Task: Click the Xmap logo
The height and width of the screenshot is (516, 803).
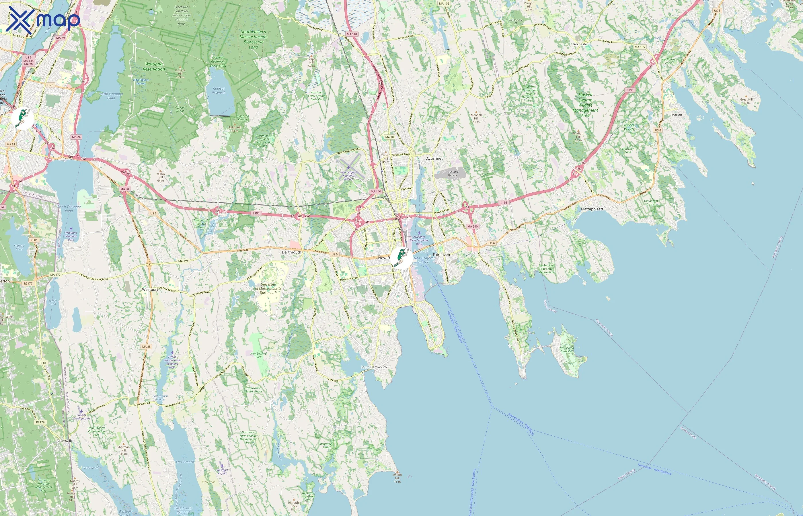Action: click(x=43, y=19)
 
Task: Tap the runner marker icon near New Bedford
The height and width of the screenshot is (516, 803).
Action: click(x=401, y=258)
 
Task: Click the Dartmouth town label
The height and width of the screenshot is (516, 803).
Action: click(x=291, y=252)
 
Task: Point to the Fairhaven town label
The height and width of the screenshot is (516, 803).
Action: click(x=441, y=255)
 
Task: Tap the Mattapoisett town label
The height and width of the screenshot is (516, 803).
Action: click(x=592, y=209)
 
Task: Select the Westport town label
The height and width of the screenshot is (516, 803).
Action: click(x=149, y=290)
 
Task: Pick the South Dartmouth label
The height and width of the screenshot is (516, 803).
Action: click(x=373, y=367)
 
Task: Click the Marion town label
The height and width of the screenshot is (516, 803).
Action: click(x=676, y=115)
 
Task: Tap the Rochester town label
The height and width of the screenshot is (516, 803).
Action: click(x=580, y=44)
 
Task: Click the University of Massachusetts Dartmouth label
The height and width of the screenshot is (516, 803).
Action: click(x=268, y=288)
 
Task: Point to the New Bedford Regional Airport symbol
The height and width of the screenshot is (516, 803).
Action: click(x=348, y=167)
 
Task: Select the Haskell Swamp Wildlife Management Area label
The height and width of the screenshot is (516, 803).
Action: click(x=585, y=105)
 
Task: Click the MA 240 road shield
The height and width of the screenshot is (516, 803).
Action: click(x=472, y=226)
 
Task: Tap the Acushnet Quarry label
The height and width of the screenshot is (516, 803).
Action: click(x=452, y=173)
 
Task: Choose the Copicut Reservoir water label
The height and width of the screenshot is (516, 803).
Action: click(x=219, y=91)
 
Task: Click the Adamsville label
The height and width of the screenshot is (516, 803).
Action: click(x=64, y=441)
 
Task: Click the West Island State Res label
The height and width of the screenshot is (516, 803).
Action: click(x=566, y=349)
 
